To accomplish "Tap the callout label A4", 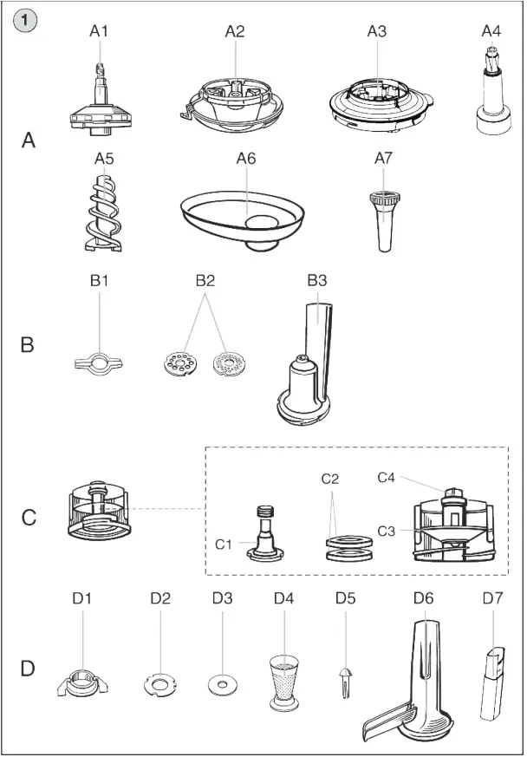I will (x=491, y=31).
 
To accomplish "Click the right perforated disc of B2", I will (x=231, y=363).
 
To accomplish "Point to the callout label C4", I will (x=388, y=476).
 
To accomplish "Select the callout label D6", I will (x=423, y=598).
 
